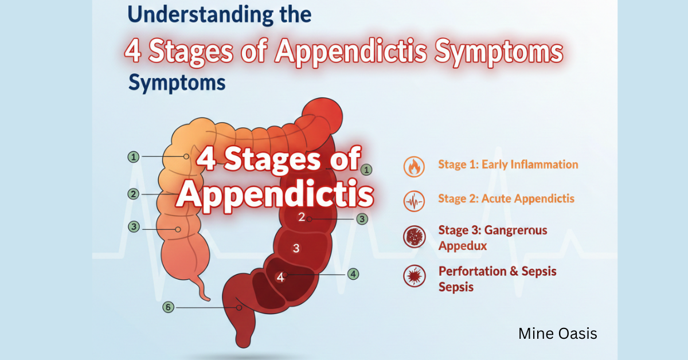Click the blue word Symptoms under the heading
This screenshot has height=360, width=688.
pyautogui.click(x=177, y=83)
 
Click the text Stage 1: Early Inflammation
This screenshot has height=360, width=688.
pyautogui.click(x=507, y=165)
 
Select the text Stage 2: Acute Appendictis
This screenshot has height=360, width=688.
pyautogui.click(x=506, y=199)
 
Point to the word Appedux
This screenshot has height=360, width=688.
pyautogui.click(x=463, y=246)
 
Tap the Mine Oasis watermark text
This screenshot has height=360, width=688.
pyautogui.click(x=557, y=333)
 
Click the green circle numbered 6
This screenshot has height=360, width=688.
pyautogui.click(x=168, y=307)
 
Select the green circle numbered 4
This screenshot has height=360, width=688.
pyautogui.click(x=354, y=274)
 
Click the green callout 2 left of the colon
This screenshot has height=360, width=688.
pyautogui.click(x=134, y=194)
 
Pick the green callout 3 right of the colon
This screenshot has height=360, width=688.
pyautogui.click(x=362, y=218)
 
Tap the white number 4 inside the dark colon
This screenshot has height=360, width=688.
pyautogui.click(x=280, y=277)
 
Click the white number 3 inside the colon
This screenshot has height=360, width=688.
pyautogui.click(x=296, y=248)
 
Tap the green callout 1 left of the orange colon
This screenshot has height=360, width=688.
pyautogui.click(x=134, y=156)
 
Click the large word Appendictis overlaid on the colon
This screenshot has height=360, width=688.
pyautogui.click(x=275, y=195)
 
